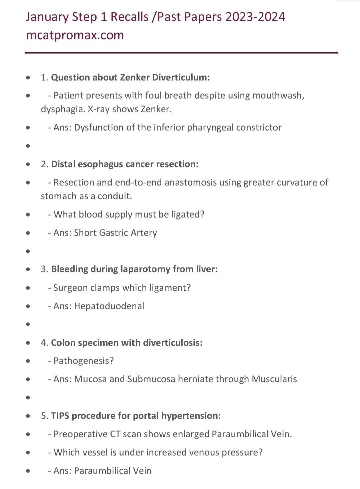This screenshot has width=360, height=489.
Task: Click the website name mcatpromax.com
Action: (x=75, y=35)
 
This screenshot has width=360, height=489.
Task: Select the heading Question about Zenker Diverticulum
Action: (x=130, y=77)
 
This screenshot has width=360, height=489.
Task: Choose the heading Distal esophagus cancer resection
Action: (x=125, y=164)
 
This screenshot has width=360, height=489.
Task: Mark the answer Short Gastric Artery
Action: (x=115, y=233)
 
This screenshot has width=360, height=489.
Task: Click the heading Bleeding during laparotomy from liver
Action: (x=134, y=269)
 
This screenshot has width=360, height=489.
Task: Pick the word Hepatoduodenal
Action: (x=109, y=306)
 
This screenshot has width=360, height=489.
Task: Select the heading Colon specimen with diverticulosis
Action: (x=127, y=343)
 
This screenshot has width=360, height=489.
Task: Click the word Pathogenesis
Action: (x=83, y=361)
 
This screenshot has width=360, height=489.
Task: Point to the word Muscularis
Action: (x=274, y=379)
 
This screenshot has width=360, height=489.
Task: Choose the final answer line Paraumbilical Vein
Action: (x=113, y=471)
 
